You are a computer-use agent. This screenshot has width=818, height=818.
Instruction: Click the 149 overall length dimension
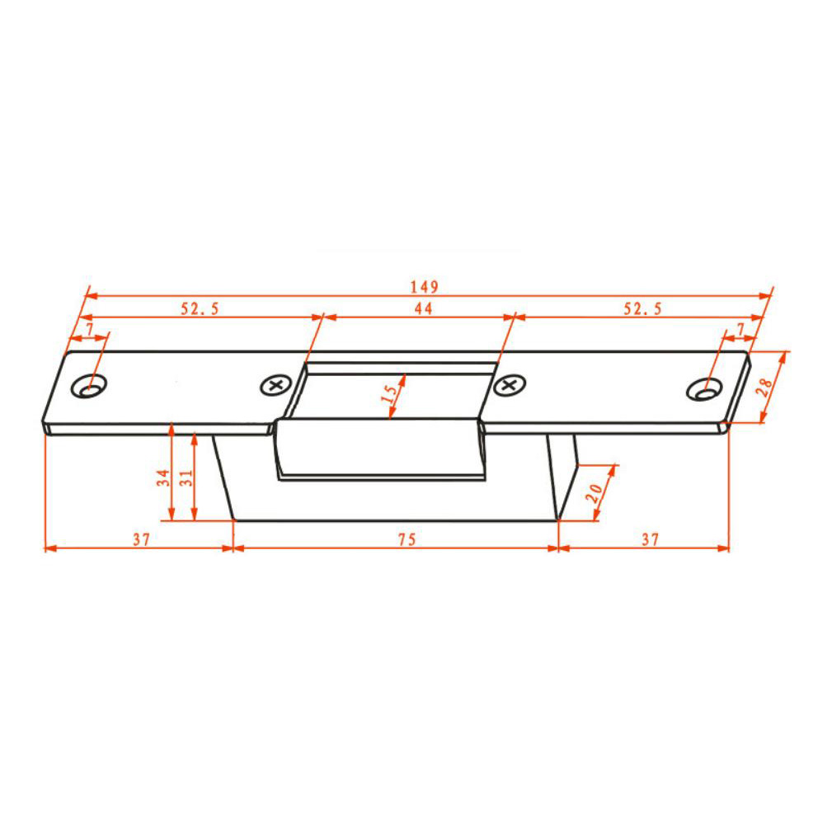(x=425, y=287)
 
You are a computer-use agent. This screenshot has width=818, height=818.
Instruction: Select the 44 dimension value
(x=422, y=308)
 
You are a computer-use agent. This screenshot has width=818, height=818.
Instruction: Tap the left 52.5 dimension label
(x=200, y=308)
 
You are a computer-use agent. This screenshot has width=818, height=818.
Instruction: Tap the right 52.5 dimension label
(x=642, y=308)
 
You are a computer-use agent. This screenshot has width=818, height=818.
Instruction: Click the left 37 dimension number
(x=141, y=540)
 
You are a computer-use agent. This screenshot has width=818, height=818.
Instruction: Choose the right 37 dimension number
(x=650, y=540)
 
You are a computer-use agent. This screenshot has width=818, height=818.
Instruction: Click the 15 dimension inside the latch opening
(x=390, y=393)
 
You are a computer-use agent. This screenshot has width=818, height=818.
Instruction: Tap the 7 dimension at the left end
(x=88, y=329)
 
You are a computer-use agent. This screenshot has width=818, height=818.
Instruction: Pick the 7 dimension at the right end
(x=740, y=329)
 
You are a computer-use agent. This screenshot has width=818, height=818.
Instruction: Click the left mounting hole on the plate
(x=89, y=386)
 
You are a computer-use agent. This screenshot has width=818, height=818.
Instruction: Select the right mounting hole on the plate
(x=703, y=388)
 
